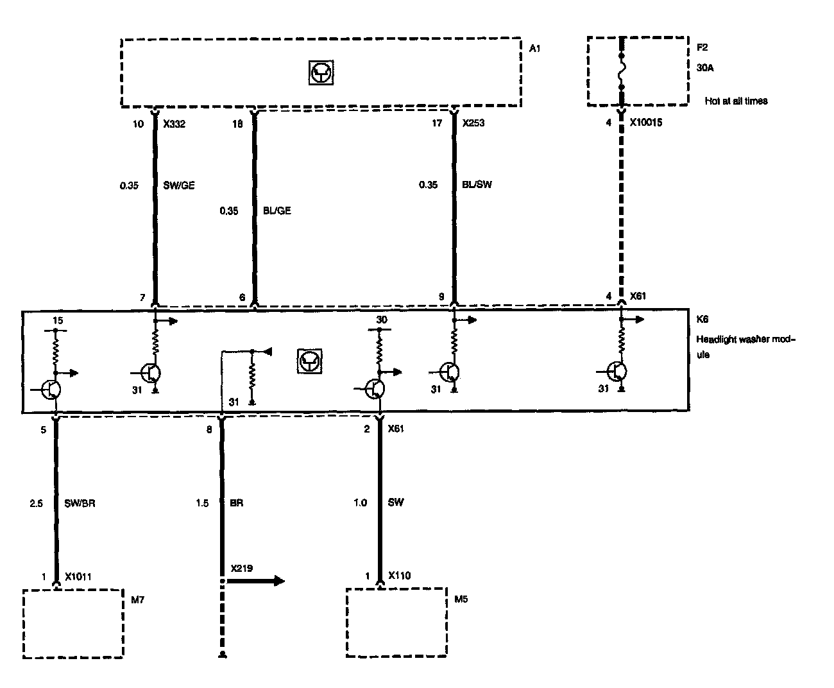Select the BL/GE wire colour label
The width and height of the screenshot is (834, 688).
coord(277,211)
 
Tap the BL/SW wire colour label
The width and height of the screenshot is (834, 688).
coord(477,185)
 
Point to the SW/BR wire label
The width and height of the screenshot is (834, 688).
coord(80,503)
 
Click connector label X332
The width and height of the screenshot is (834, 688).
coord(174,123)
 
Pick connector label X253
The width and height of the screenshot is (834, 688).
coord(473,123)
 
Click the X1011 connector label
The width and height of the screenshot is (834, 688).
coord(78,576)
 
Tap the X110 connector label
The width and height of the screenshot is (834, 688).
coord(400,576)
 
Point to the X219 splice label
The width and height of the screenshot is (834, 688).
coord(242,569)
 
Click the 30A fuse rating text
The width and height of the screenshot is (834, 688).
coord(704,67)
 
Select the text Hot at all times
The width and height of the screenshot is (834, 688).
coord(736,101)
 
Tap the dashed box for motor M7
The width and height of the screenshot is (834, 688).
coord(72,623)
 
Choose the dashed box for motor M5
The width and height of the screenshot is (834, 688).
coord(396,623)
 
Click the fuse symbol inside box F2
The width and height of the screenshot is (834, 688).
coord(621,71)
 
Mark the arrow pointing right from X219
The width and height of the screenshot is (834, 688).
coord(257,581)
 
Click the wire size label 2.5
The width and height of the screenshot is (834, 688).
coord(36,503)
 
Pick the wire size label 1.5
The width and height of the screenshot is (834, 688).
coord(201,503)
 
